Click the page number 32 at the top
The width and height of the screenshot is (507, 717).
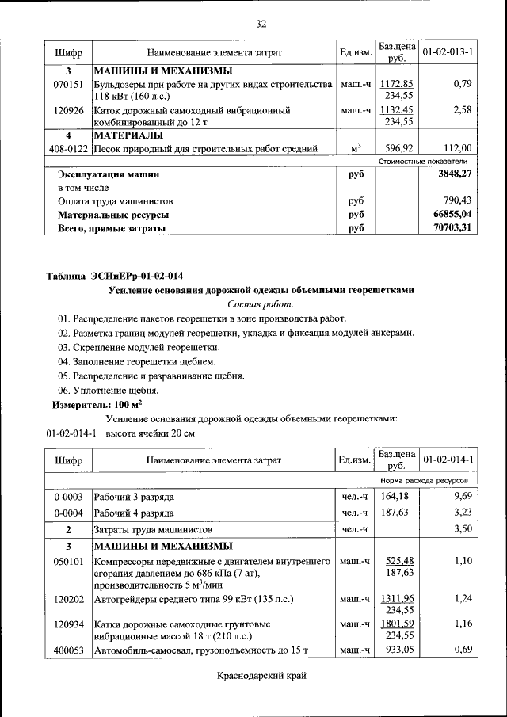coord(261,24)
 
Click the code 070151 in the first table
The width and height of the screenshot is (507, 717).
coord(68,83)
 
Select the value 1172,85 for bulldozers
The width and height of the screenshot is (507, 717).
coord(396,83)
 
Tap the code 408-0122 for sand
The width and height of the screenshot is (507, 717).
coord(68,148)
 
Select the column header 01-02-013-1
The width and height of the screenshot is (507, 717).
coord(448,52)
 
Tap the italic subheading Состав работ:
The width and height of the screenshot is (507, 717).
coord(261,304)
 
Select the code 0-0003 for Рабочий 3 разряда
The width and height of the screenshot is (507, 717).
coord(68,497)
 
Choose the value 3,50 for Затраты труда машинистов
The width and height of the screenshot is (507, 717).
coord(462,528)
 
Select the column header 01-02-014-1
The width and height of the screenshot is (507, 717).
coord(448,460)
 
